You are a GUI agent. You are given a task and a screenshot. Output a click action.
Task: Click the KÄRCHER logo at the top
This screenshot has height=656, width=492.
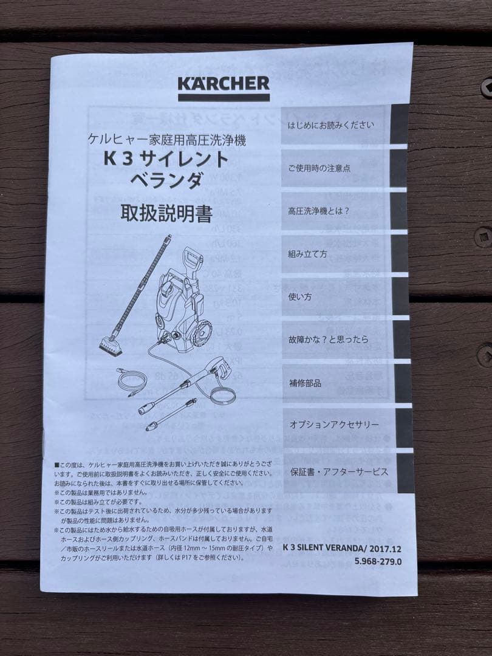(224, 84)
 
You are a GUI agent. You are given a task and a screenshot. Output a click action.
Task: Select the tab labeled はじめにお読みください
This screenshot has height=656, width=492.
(331, 125)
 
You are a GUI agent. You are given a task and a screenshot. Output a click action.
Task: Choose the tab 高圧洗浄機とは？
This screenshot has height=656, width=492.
(319, 212)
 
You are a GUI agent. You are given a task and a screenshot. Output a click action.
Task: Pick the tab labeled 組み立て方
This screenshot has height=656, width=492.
(307, 254)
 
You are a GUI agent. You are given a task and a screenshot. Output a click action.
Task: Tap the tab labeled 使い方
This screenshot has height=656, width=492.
(300, 297)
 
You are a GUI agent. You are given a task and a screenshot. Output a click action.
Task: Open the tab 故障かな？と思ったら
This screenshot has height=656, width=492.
(328, 340)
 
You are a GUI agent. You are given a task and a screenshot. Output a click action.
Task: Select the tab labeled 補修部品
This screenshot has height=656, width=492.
(305, 383)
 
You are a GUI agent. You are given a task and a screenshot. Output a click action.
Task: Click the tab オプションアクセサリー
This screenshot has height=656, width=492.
(334, 425)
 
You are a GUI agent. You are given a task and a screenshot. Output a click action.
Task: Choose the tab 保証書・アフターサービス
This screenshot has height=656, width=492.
(339, 471)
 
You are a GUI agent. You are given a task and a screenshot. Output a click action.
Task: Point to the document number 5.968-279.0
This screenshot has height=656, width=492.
(378, 561)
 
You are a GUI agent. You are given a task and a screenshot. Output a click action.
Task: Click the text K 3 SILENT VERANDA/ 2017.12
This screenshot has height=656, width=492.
(343, 547)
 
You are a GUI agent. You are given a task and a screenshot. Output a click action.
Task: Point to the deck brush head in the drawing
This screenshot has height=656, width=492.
(111, 346)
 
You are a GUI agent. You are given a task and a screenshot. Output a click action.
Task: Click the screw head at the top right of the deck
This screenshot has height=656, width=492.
(486, 86)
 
